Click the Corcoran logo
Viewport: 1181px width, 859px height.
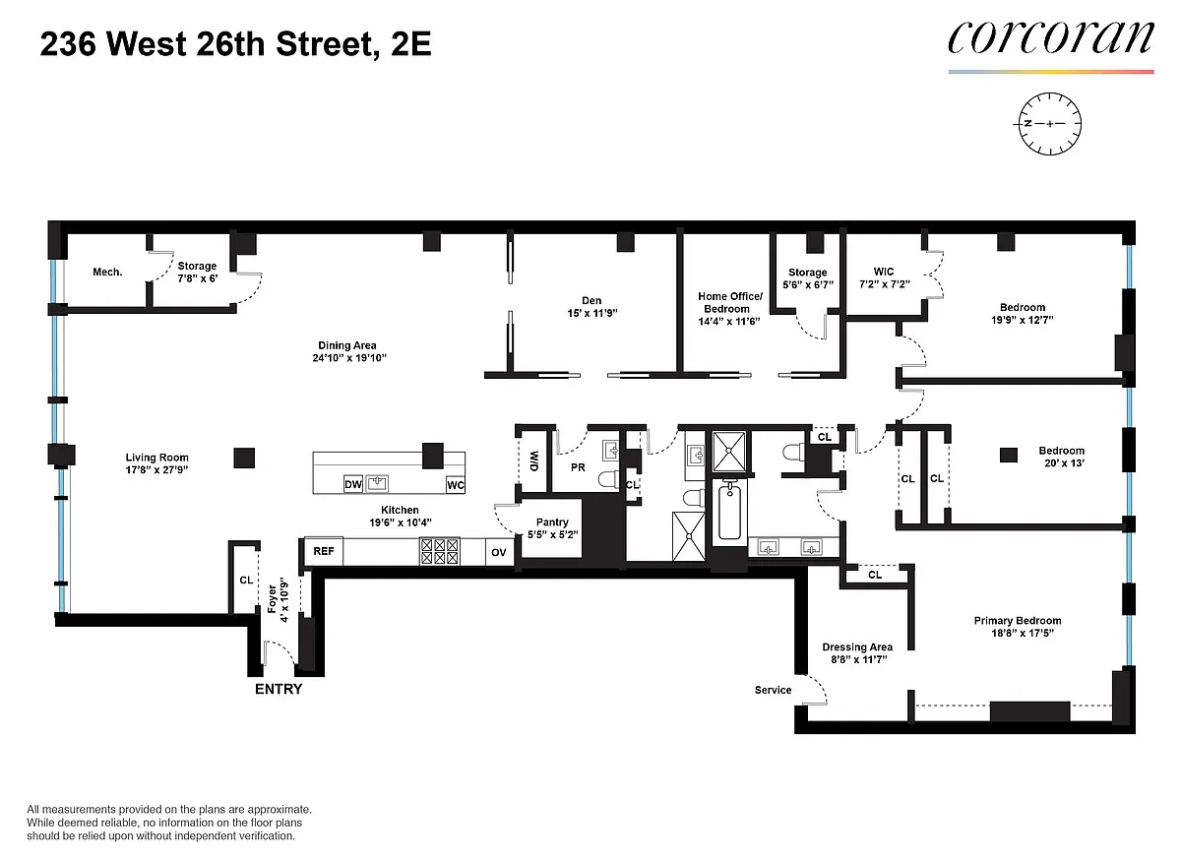(x=1051, y=38)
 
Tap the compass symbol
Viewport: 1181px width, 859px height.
(x=1049, y=124)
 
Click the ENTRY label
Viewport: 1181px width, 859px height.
(x=279, y=690)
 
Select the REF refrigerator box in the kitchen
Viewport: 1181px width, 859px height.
(x=324, y=551)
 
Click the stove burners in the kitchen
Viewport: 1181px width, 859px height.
(x=440, y=551)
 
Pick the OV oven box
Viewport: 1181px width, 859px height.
(x=499, y=552)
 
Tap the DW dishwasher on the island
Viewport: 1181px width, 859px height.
(x=352, y=484)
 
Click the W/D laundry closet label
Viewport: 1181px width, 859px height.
(x=534, y=460)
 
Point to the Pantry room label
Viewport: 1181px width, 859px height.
(x=552, y=522)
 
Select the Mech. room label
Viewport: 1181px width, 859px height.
(x=107, y=272)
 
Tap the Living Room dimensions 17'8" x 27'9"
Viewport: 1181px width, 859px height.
(x=156, y=469)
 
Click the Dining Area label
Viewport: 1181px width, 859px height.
(x=346, y=345)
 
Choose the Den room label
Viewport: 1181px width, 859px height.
(x=591, y=300)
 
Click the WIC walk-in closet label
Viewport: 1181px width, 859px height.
(x=884, y=272)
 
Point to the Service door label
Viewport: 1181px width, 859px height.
(x=773, y=690)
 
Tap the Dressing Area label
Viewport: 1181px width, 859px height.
(x=857, y=646)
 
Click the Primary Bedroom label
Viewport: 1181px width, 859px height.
(x=1018, y=620)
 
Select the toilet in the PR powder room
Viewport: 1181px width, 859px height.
(x=608, y=479)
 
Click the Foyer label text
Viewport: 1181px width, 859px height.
(x=272, y=599)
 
